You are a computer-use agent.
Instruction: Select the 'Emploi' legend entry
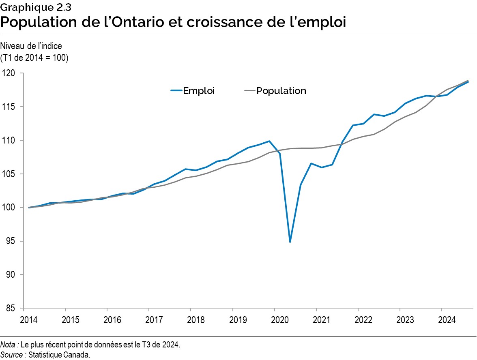pyautogui.click(x=198, y=91)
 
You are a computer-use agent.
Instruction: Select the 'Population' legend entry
pyautogui.click(x=281, y=91)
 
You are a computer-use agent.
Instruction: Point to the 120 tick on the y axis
pyautogui.click(x=9, y=73)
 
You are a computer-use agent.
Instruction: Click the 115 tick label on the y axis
pyautogui.click(x=9, y=107)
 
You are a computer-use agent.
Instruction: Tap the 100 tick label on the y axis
pyautogui.click(x=9, y=208)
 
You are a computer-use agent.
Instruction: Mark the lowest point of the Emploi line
pyautogui.click(x=290, y=242)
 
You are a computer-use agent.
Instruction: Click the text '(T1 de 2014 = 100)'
pyautogui.click(x=34, y=58)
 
